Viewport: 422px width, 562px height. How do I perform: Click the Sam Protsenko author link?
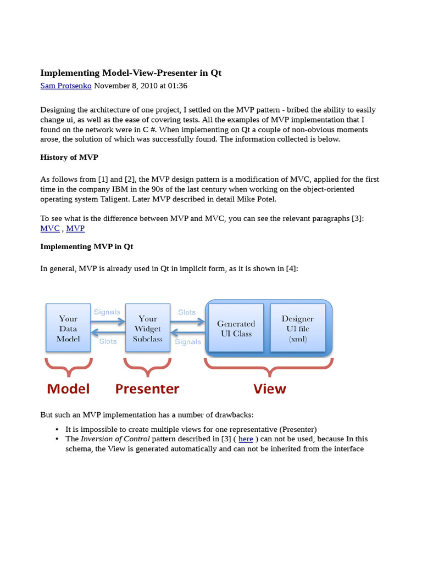click(66, 86)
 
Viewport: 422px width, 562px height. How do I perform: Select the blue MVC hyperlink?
click(50, 228)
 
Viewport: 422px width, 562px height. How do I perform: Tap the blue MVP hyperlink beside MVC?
click(75, 228)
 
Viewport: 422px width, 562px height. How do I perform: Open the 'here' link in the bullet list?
click(246, 439)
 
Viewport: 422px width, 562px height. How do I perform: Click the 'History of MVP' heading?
click(69, 158)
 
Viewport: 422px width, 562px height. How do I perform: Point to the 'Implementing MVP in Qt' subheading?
click(87, 246)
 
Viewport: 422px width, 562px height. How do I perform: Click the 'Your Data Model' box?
click(68, 328)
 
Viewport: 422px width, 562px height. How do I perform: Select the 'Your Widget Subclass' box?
click(147, 328)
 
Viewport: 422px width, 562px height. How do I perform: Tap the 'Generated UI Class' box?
click(236, 328)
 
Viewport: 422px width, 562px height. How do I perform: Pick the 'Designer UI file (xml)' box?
click(297, 328)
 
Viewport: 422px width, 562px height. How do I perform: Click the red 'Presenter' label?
click(147, 389)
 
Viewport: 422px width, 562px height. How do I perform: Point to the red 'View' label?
click(269, 389)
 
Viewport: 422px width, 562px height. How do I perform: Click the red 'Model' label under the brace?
click(68, 389)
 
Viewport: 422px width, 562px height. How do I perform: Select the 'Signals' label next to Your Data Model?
click(107, 312)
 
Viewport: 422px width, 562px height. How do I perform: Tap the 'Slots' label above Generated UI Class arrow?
click(187, 312)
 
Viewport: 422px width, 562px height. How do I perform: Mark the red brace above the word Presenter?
click(147, 367)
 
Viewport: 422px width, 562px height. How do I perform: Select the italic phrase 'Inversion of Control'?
click(115, 439)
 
